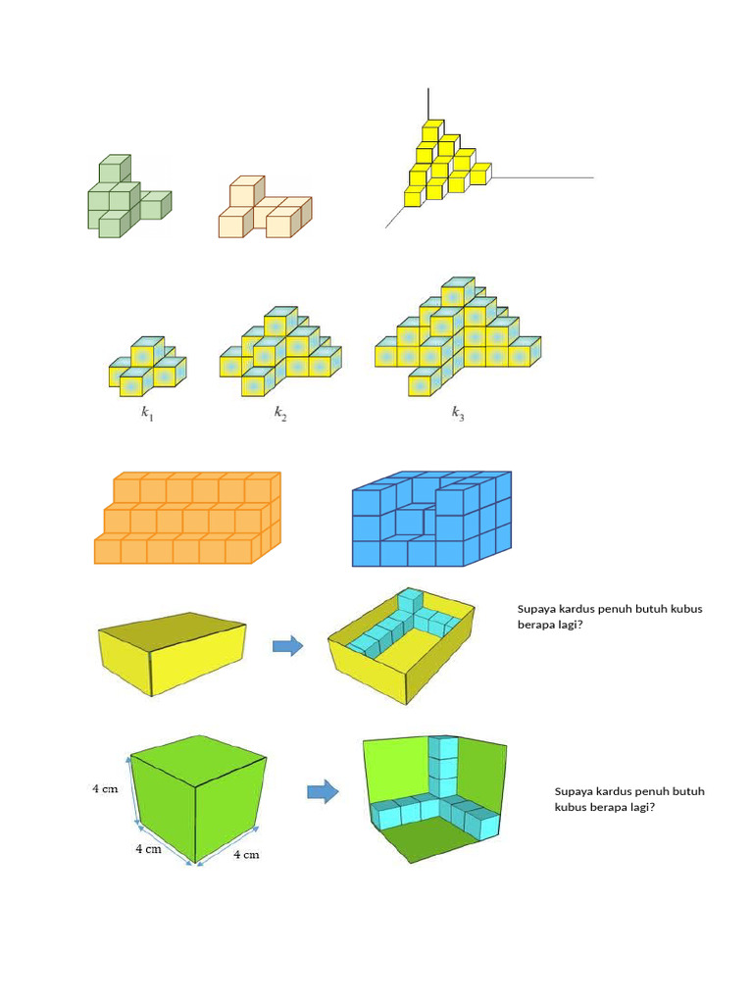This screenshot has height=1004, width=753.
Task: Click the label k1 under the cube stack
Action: pos(147,413)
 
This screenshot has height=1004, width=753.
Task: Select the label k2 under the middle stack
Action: pos(280,413)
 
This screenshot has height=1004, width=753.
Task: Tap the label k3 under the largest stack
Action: pos(458,413)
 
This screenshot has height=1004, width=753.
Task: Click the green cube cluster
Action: pos(129,196)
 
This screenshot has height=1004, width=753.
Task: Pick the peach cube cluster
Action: pos(265,207)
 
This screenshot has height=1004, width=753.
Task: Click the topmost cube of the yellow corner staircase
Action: pos(432,130)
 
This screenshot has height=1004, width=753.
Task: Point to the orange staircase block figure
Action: pos(187,518)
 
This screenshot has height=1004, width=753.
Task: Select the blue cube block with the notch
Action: pos(431,519)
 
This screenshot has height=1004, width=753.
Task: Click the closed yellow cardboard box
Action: pos(172,654)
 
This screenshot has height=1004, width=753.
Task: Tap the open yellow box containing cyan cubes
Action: pos(401,646)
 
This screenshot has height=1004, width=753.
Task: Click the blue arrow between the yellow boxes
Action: pos(287,645)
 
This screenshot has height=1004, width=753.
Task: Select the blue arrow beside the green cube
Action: pos(323,791)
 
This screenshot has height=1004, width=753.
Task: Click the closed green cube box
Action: pos(198,800)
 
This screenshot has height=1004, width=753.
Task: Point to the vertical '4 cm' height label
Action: pos(105,789)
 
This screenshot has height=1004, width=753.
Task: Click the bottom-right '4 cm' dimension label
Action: pos(246,854)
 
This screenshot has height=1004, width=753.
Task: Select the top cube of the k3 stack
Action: pos(458,291)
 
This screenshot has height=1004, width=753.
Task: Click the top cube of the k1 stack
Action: pos(148,350)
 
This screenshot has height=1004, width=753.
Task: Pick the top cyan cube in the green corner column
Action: pos(444,747)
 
